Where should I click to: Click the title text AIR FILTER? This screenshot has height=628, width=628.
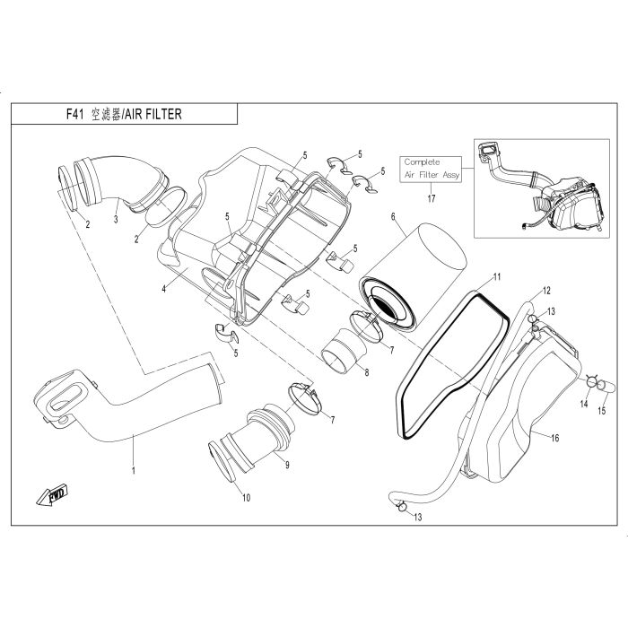point(153,115)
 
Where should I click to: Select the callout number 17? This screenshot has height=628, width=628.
point(431,198)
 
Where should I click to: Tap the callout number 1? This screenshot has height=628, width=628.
point(134,470)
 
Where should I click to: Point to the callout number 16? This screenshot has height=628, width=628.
point(554,438)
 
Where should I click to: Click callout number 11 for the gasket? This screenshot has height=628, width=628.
point(497,276)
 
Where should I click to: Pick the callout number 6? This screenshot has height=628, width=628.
point(393,217)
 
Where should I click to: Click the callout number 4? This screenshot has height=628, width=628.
point(164,288)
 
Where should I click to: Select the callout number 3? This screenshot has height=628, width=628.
point(116,219)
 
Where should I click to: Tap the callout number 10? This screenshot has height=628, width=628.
point(247,497)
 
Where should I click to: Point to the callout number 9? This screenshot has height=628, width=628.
point(287,465)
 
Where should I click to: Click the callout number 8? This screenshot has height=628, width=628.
point(367,372)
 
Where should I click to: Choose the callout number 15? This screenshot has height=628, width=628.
point(602,411)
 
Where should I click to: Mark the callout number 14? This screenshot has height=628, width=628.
point(584,404)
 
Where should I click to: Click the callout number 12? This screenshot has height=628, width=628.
point(546,291)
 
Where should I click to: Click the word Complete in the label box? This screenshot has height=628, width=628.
point(422,162)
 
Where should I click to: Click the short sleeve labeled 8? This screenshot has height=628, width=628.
point(345,351)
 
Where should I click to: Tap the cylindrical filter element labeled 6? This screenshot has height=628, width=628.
point(414,276)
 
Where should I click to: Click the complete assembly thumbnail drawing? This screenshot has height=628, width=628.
point(542,188)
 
